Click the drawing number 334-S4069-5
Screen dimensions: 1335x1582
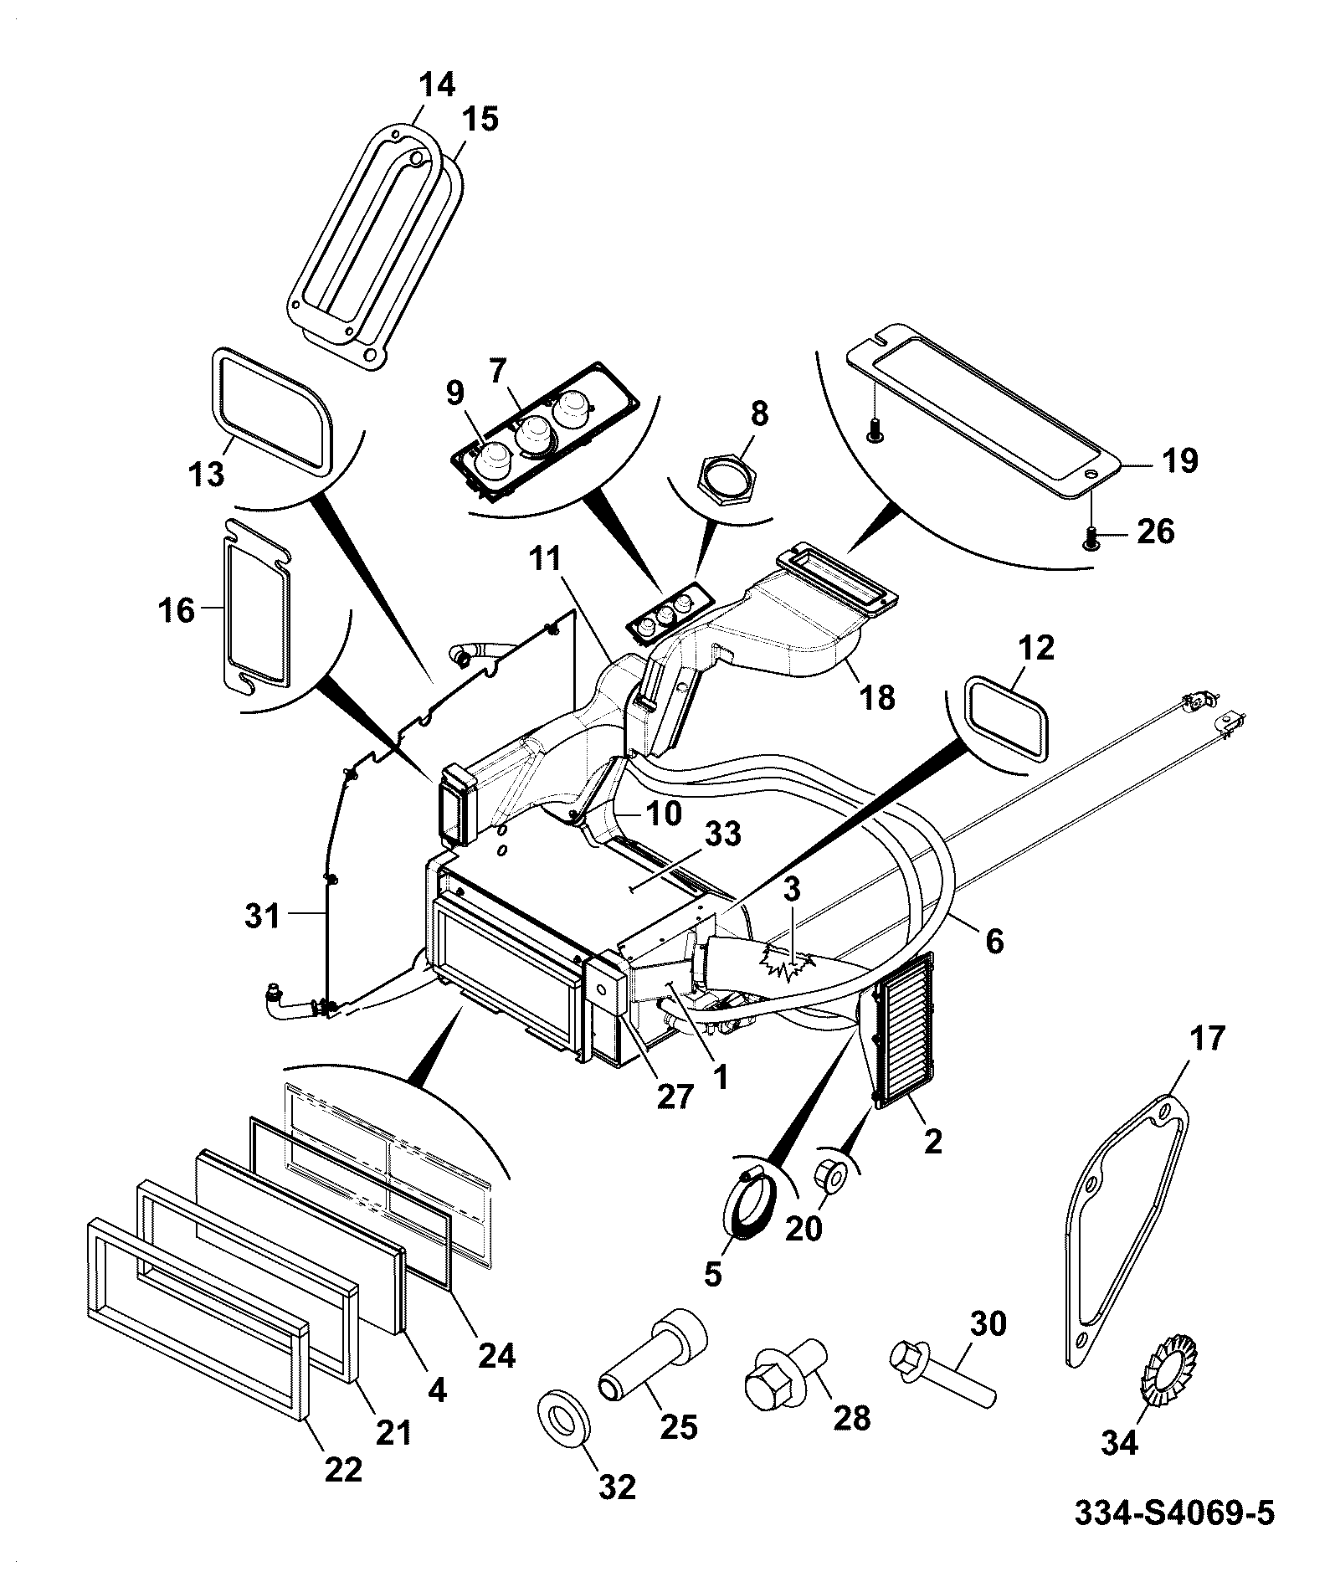[1174, 1513]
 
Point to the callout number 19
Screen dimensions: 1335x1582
[1179, 460]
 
